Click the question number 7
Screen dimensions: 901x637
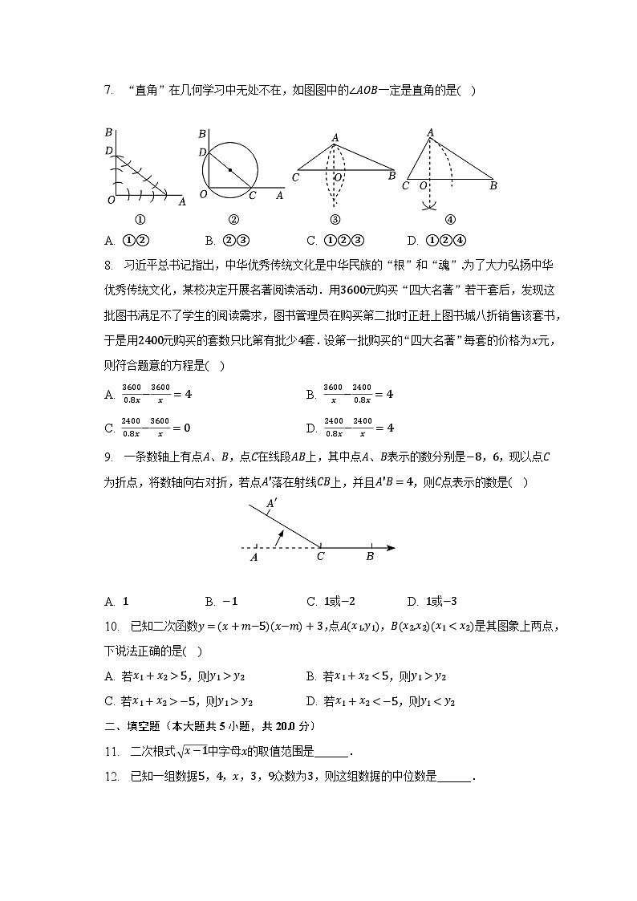click(108, 91)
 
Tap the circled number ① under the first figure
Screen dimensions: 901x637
click(139, 220)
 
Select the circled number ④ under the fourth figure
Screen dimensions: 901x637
click(450, 220)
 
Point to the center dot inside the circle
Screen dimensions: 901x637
click(230, 170)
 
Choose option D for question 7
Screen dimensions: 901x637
click(436, 240)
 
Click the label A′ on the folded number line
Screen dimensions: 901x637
click(272, 504)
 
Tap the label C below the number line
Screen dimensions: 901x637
click(321, 556)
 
